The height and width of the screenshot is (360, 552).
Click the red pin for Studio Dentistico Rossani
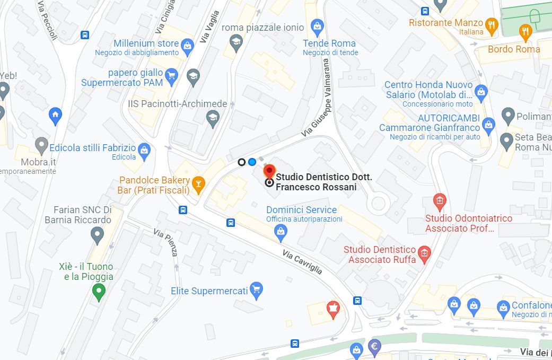pyautogui.click(x=269, y=171)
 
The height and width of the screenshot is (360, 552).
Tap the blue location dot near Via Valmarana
pyautogui.click(x=252, y=162)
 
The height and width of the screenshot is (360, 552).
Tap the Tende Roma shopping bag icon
pyautogui.click(x=317, y=25)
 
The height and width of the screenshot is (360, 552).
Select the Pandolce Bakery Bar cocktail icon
pyautogui.click(x=198, y=183)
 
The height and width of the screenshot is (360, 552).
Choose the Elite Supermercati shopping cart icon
pyautogui.click(x=257, y=289)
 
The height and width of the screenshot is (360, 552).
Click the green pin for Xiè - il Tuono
pyautogui.click(x=98, y=291)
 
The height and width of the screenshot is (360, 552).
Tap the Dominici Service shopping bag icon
pyautogui.click(x=281, y=231)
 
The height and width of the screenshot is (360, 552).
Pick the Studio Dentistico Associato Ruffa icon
pyautogui.click(x=424, y=253)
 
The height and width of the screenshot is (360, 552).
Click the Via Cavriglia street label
pyautogui.click(x=302, y=262)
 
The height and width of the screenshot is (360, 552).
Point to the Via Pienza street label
pyautogui.click(x=165, y=242)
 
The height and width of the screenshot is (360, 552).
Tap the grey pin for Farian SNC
pyautogui.click(x=97, y=233)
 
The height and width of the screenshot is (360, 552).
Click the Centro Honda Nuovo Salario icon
pyautogui.click(x=480, y=91)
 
